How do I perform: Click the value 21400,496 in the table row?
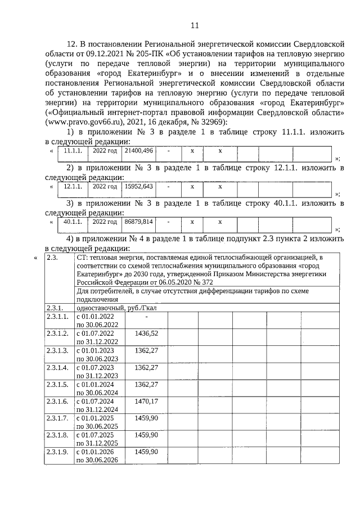(138, 151)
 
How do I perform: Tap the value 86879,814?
(138, 222)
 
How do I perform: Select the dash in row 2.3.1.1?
(146, 317)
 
